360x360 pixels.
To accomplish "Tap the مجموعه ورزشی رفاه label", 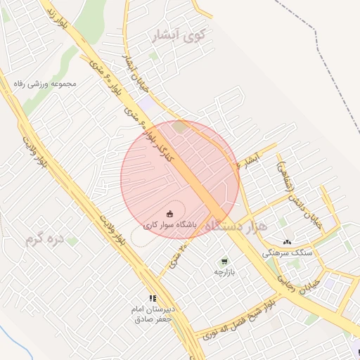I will pyautogui.click(x=44, y=84).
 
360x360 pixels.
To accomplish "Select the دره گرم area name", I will pyautogui.click(x=45, y=240).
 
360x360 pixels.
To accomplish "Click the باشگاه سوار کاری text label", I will pyautogui.click(x=170, y=226).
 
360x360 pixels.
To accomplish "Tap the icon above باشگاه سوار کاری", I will pyautogui.click(x=169, y=214).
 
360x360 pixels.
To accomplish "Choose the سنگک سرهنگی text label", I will pyautogui.click(x=287, y=252).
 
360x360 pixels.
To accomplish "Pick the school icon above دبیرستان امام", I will pyautogui.click(x=153, y=298).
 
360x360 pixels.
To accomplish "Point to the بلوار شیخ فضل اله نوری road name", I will pyautogui.click(x=239, y=320).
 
